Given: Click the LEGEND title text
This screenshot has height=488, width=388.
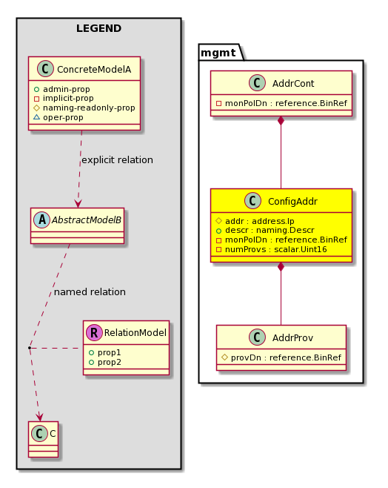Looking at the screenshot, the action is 98,28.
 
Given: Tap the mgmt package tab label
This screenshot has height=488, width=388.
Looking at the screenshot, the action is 218,53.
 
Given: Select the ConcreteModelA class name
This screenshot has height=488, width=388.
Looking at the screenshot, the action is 94,69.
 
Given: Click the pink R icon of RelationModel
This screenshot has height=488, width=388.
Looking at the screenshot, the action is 94,332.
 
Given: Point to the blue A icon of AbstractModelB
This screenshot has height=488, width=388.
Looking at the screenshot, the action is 42,220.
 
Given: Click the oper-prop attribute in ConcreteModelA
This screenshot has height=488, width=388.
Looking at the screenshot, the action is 63,117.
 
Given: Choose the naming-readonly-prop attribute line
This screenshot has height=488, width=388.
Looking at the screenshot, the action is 89,108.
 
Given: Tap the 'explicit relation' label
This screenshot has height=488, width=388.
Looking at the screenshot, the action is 117,159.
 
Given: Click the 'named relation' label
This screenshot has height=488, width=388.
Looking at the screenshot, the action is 90,292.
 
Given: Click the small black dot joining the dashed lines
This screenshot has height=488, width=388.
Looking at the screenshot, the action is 30,347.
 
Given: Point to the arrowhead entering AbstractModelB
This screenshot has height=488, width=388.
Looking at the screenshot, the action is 78,203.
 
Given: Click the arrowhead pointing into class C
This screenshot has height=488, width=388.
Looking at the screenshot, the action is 39,417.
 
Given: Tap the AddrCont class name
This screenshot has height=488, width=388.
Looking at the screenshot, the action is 293,83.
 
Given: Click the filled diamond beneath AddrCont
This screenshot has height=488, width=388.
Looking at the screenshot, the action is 281,121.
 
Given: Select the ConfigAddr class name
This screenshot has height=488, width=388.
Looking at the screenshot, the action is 292,202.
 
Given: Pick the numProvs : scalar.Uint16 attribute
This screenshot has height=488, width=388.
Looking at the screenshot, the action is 276,249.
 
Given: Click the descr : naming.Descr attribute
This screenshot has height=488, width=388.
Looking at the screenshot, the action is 270,231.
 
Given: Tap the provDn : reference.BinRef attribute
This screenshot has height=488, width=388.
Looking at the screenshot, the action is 286,357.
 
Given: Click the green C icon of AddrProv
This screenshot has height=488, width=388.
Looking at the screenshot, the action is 257,337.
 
